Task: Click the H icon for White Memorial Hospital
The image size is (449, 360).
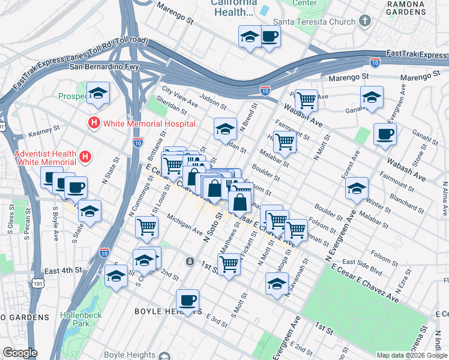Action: tap(94, 124)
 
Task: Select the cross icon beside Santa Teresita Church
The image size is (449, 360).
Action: tap(364, 22)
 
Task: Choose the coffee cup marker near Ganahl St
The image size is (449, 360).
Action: tap(385, 134)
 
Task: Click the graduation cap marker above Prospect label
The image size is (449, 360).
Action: tap(98, 93)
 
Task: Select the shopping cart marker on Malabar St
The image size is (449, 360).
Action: tap(285, 142)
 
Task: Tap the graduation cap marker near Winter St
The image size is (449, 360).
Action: tap(357, 189)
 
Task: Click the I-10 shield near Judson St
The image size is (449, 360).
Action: tap(265, 90)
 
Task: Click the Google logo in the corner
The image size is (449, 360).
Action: tap(20, 353)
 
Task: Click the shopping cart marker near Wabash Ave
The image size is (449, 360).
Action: tap(306, 100)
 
